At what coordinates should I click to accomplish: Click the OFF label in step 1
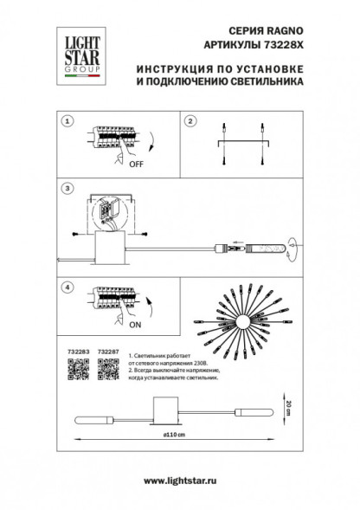135,162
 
